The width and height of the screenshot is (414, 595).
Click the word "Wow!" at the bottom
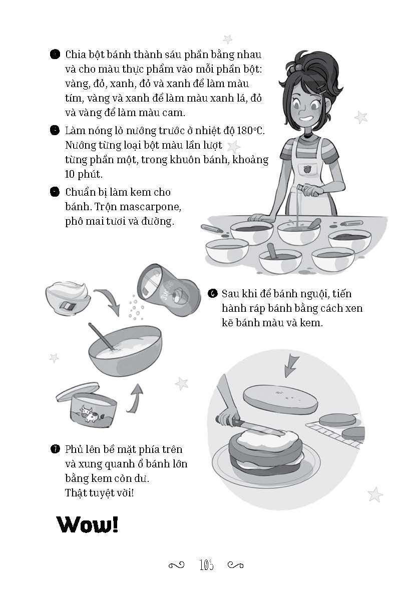point(87,524)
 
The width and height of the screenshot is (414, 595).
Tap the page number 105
point(206,565)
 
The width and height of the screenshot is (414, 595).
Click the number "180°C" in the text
point(250,131)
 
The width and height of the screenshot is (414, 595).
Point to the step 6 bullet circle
point(212,293)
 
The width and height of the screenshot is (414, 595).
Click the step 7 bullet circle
point(55,449)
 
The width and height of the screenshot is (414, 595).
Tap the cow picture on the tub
point(90,414)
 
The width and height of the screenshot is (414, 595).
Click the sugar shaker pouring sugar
point(168,290)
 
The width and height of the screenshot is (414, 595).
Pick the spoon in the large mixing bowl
point(101,336)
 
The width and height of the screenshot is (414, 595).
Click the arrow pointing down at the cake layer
point(291,366)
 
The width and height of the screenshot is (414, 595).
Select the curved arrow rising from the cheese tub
point(135,398)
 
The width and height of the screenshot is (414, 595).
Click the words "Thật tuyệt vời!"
point(100,493)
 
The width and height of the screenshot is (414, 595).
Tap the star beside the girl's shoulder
point(361,117)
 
